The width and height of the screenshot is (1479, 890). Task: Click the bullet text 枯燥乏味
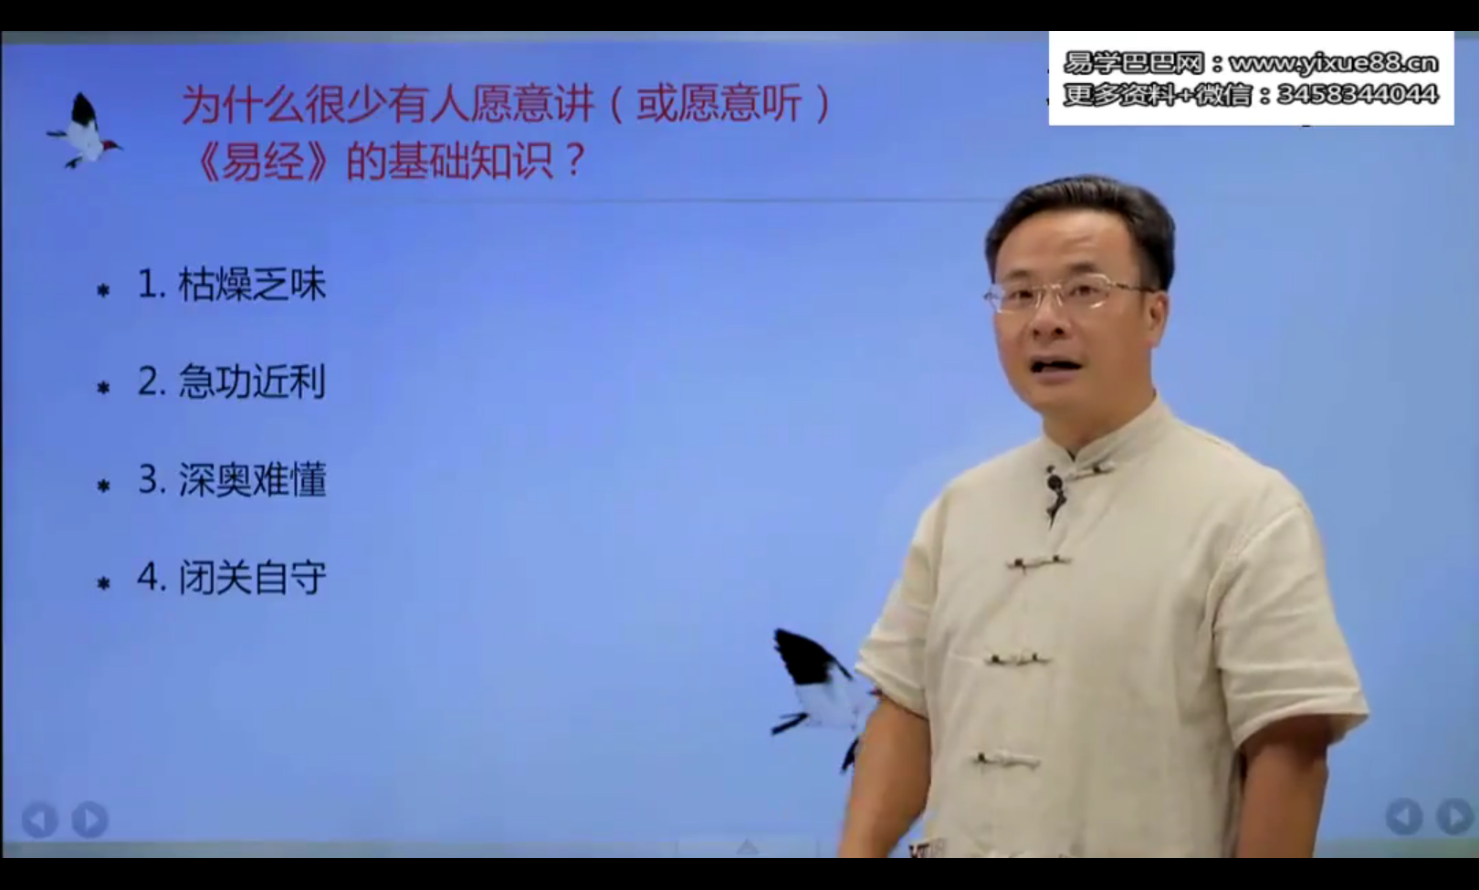click(252, 285)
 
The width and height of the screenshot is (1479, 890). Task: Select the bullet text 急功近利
click(252, 382)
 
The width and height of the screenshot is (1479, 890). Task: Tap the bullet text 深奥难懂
click(252, 480)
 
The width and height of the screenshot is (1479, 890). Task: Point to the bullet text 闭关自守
click(252, 578)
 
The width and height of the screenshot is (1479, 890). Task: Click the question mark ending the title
click(574, 162)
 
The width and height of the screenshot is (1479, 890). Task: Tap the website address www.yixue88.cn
click(1333, 63)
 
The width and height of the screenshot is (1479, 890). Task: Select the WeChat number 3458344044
click(1357, 94)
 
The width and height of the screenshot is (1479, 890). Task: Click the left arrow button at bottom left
click(39, 819)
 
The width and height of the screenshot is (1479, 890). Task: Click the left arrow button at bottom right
click(1403, 816)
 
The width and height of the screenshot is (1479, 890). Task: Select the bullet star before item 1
click(103, 290)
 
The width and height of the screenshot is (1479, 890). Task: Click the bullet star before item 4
click(103, 582)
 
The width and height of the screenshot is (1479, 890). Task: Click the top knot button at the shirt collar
click(1086, 467)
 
